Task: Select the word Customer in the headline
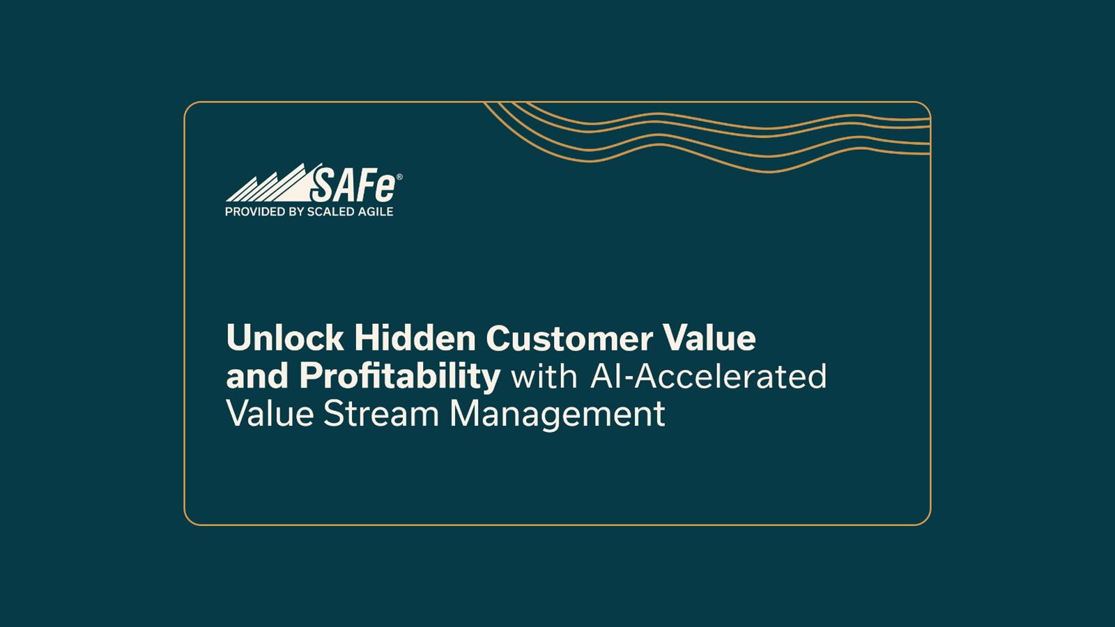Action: click(x=569, y=339)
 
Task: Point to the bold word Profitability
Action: click(x=400, y=376)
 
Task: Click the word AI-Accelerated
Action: click(x=708, y=376)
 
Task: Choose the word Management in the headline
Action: click(x=557, y=415)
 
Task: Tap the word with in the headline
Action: click(x=544, y=376)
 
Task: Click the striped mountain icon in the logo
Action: click(x=268, y=185)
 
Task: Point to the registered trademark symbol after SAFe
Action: click(x=399, y=177)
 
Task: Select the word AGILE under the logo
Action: click(x=376, y=212)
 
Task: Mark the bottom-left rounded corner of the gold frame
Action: click(x=189, y=520)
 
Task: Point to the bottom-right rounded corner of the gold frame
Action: click(x=925, y=520)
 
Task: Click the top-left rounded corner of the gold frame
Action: click(x=189, y=107)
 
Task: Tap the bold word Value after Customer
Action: click(x=709, y=338)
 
